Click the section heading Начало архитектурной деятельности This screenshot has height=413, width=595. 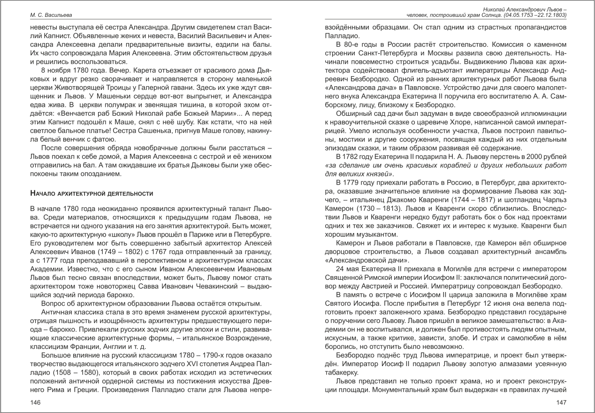click(x=92, y=194)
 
